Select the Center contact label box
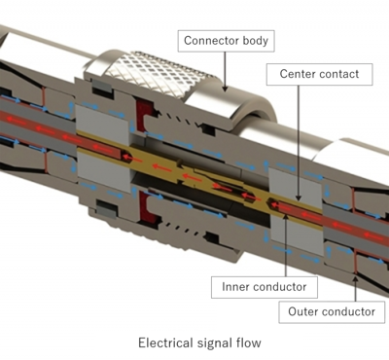click(318, 73)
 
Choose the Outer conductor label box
click(332, 312)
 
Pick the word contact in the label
click(339, 73)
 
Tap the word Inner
click(233, 287)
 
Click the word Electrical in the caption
click(168, 342)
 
